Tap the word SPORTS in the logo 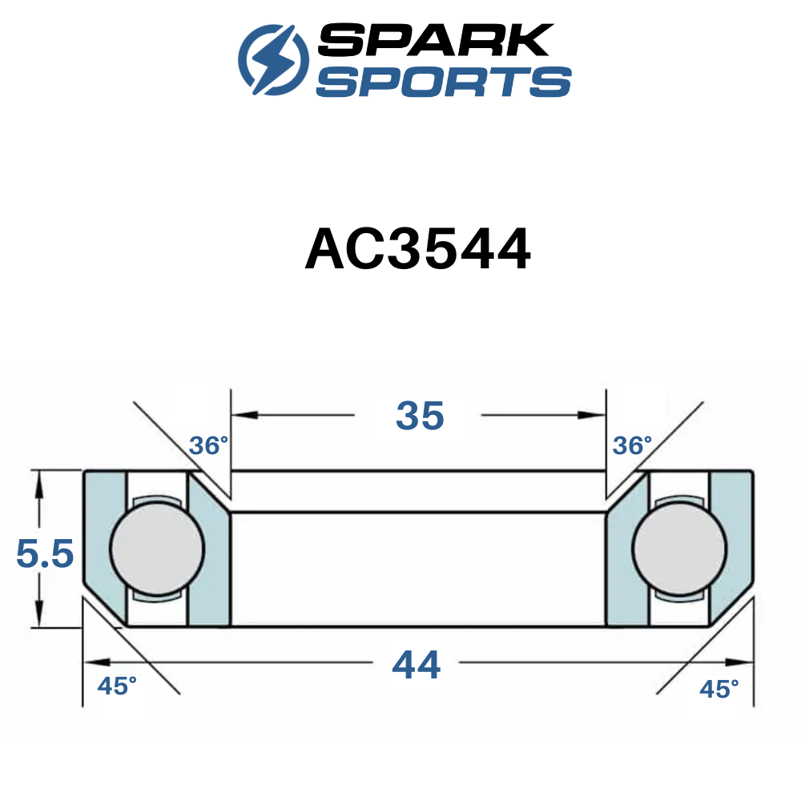click(x=443, y=82)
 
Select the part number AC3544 click(x=417, y=252)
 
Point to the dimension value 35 click(x=419, y=415)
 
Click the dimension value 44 click(x=416, y=665)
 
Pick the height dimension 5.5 click(x=45, y=553)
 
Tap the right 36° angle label click(x=632, y=445)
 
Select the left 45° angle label click(x=117, y=686)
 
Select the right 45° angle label click(x=718, y=688)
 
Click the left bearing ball click(x=157, y=549)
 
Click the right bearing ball click(x=679, y=549)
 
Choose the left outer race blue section click(x=104, y=545)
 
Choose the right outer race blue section click(x=731, y=545)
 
